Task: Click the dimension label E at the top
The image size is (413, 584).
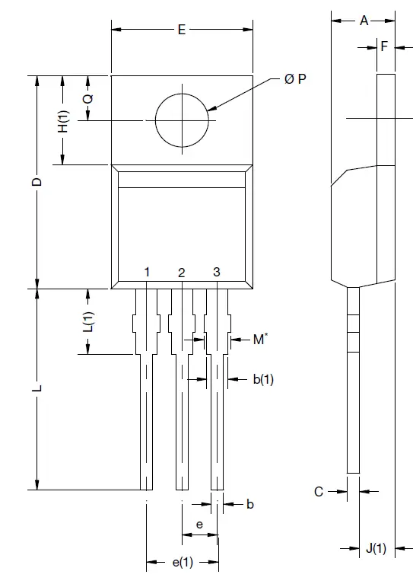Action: [x=182, y=30]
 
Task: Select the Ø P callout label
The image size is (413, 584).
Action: [x=296, y=79]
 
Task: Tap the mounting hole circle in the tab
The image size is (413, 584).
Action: [x=182, y=120]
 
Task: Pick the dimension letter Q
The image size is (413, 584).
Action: [x=88, y=98]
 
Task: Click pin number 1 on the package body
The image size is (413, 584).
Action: [x=147, y=273]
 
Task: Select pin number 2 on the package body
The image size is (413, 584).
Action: [x=181, y=273]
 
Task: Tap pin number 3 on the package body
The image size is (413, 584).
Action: [x=216, y=272]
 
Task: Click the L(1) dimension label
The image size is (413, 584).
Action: [x=88, y=322]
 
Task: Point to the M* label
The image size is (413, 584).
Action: [x=259, y=339]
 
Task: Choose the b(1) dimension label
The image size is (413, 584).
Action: [x=262, y=378]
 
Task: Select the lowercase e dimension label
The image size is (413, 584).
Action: [x=199, y=525]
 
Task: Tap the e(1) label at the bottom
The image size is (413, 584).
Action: [x=182, y=563]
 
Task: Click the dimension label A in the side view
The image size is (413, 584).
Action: [x=364, y=21]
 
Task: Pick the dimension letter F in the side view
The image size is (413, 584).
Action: [x=385, y=46]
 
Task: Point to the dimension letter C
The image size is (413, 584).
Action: [x=319, y=492]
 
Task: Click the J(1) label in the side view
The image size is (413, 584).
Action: [x=376, y=548]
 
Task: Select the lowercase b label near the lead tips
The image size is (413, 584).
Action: [x=250, y=504]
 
